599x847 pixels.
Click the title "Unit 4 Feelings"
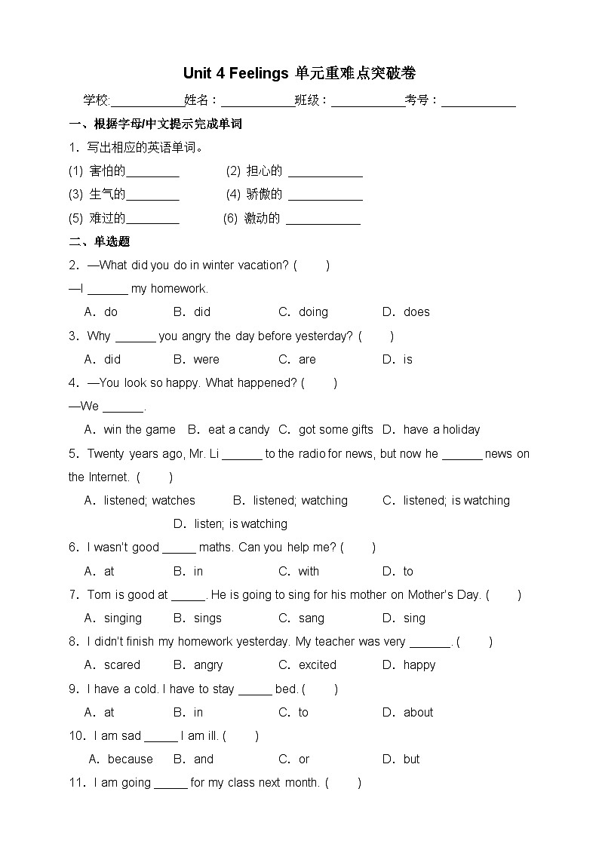tap(235, 73)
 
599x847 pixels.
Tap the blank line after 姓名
tap(258, 101)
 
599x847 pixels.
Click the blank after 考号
tap(478, 101)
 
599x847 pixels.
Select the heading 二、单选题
tap(100, 241)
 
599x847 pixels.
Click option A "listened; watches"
tap(149, 500)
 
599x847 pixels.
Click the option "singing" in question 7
tap(123, 618)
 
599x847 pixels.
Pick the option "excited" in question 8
tap(318, 664)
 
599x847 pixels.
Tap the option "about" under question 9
tap(418, 712)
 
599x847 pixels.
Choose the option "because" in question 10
tap(130, 759)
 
